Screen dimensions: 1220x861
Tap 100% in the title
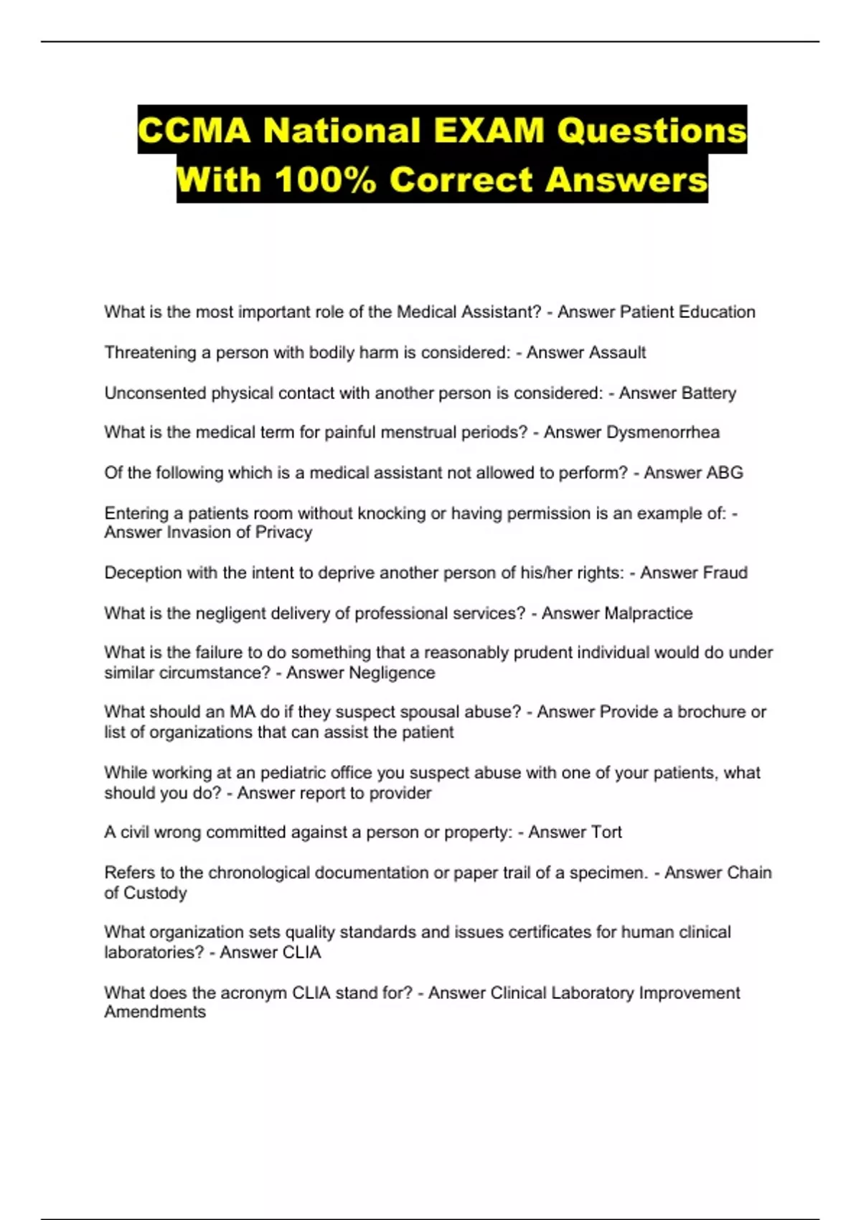coord(326,179)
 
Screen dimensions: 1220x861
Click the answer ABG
coord(724,472)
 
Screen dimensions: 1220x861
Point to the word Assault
coord(616,352)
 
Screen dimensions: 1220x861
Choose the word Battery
coord(707,393)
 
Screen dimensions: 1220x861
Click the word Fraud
coord(725,573)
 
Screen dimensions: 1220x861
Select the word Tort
coord(606,832)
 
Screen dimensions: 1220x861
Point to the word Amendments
coord(155,1012)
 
